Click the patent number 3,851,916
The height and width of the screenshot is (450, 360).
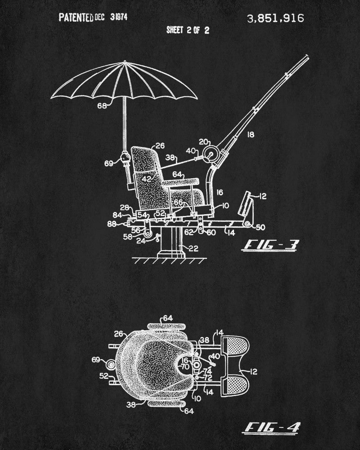275,18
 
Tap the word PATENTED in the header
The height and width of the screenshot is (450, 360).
76,18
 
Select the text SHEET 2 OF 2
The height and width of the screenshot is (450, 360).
188,30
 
